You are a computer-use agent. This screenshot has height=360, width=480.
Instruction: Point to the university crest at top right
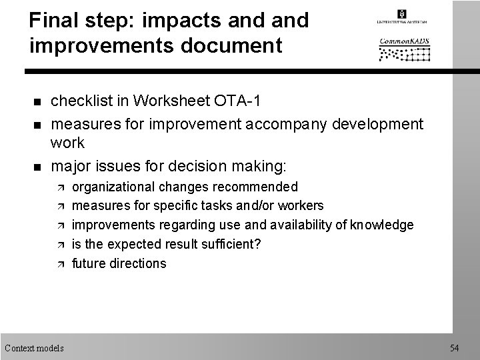coord(401,14)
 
